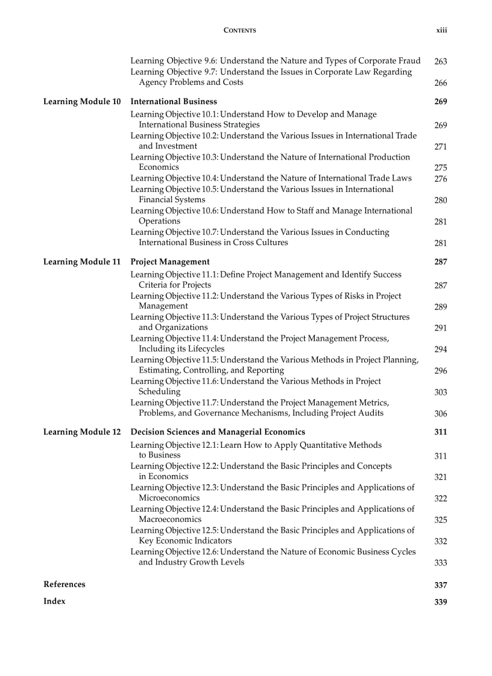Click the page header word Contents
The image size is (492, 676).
239,30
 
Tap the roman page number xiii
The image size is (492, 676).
441,30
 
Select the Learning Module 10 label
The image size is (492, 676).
82,102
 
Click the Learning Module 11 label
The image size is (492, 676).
82,262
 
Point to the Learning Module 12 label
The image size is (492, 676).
82,432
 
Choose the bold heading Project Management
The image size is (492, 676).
170,262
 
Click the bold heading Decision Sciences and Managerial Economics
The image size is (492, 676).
218,432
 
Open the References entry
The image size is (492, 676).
65,585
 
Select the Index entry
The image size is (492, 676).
54,601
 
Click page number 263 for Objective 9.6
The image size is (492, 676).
440,61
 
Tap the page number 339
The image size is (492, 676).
440,602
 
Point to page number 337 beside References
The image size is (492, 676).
440,585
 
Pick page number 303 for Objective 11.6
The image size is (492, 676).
440,392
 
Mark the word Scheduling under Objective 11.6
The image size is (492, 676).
159,392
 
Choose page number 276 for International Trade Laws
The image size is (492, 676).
440,179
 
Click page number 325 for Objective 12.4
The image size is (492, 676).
440,520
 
